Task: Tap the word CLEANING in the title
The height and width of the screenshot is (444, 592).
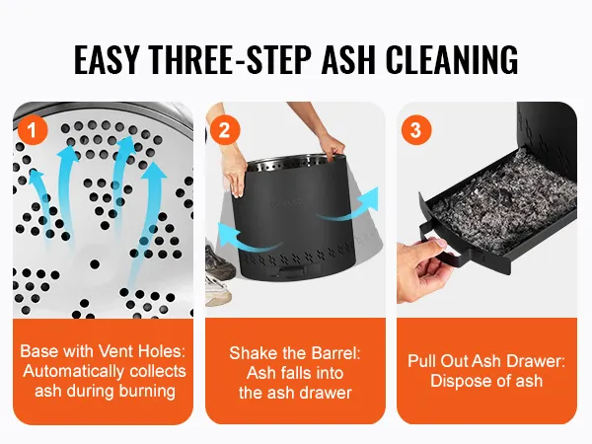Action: (452, 59)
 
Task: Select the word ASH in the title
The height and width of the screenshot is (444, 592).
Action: (348, 59)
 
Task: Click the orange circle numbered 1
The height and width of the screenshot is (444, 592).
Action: (33, 130)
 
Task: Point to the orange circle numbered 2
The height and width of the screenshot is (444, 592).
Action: (225, 130)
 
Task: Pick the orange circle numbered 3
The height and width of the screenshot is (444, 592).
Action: (416, 130)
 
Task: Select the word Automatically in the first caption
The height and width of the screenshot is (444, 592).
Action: (74, 372)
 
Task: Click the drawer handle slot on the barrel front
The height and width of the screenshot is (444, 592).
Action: (293, 271)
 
